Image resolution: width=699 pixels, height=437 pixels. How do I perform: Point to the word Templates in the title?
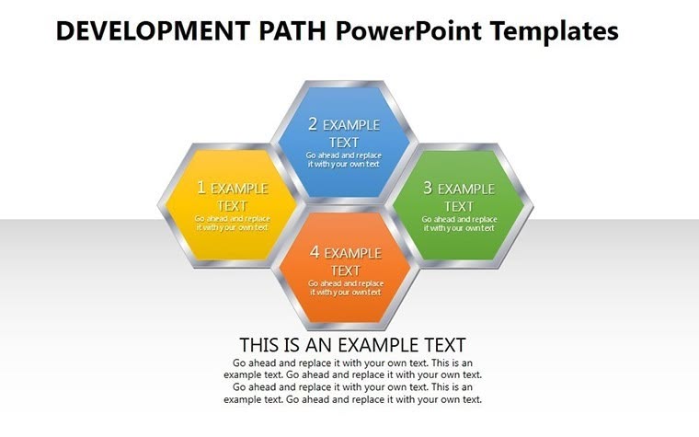554,31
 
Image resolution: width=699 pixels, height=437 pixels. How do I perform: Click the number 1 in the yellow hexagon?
201,188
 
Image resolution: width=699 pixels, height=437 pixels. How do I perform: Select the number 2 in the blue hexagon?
313,124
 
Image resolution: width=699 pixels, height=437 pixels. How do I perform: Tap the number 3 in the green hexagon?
427,189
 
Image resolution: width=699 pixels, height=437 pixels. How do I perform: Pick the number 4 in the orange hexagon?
315,252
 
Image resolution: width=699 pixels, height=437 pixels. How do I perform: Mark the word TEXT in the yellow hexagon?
232,206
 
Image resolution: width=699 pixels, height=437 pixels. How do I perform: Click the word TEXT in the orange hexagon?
345,270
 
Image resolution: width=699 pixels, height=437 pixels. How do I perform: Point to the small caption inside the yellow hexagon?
232,223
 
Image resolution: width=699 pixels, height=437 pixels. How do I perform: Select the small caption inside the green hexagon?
459,224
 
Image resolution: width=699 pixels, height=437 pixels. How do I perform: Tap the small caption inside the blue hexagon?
343,159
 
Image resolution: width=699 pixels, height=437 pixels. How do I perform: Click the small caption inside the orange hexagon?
345,287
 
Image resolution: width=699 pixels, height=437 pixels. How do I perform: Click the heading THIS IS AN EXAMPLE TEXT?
352,345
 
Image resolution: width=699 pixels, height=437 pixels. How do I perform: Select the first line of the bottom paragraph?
352,362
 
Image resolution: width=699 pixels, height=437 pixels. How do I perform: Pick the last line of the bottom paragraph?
352,399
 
